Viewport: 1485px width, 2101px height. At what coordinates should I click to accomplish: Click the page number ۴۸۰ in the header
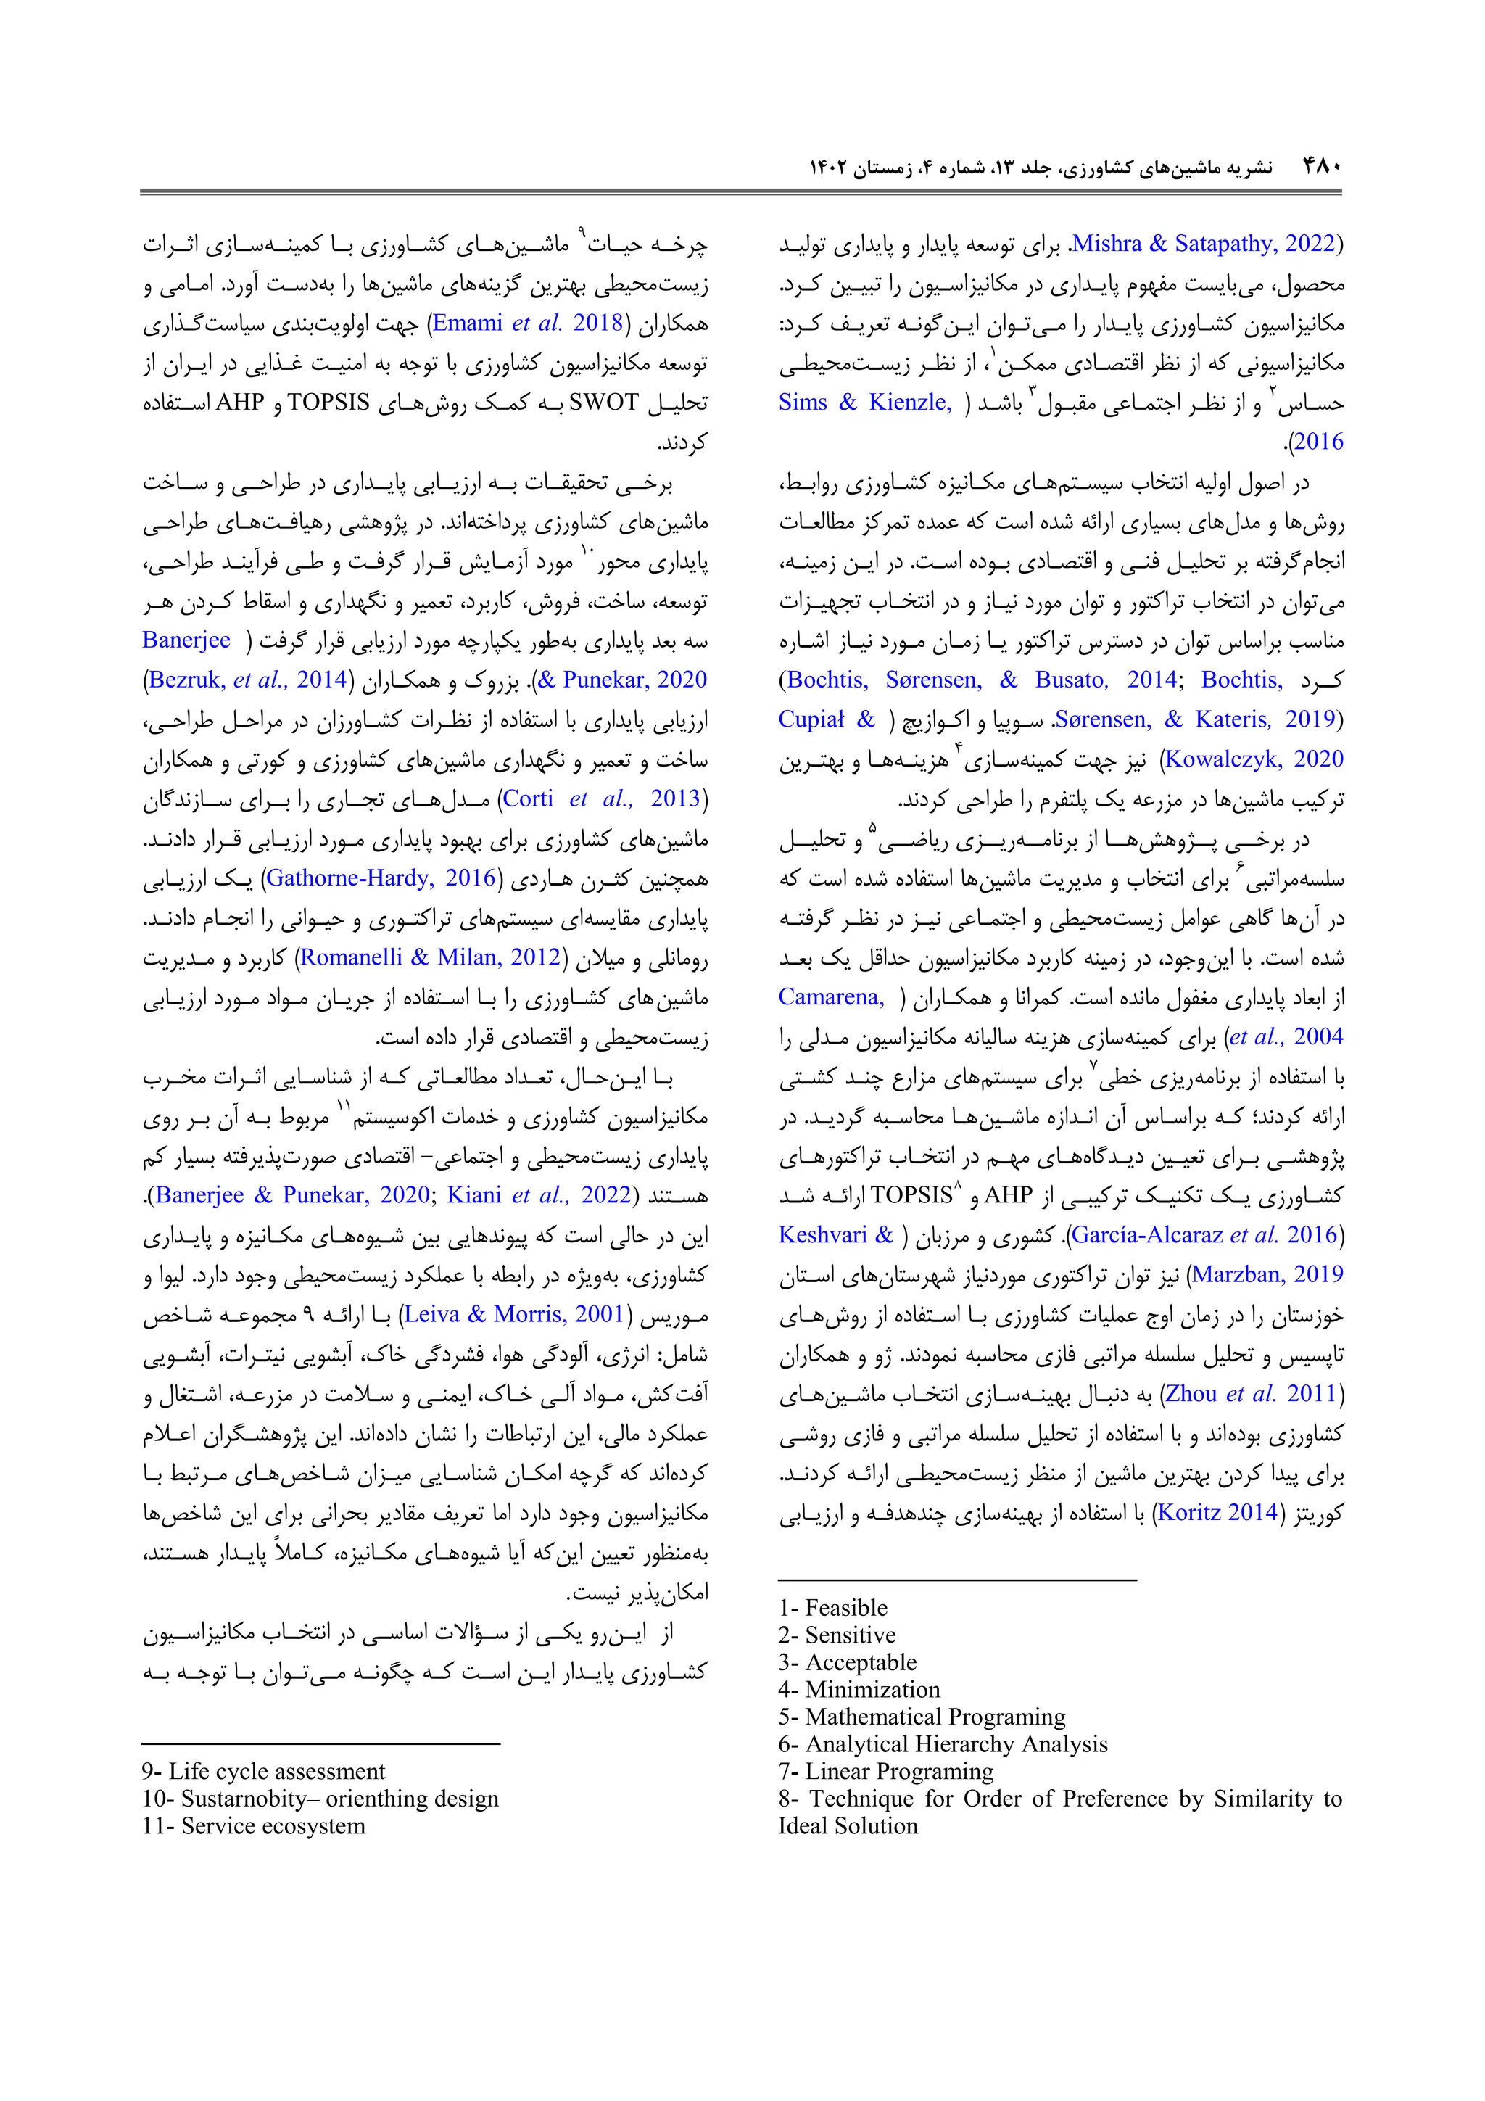pos(1320,168)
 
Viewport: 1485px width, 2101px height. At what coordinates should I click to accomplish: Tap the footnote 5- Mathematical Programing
pos(922,1716)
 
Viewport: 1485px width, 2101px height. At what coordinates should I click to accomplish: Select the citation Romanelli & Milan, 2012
pos(430,957)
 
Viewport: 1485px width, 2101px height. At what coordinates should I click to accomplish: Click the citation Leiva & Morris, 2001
pos(513,1314)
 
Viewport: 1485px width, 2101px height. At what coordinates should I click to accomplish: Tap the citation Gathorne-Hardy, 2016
pos(381,878)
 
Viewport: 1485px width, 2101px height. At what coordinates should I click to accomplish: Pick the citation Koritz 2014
pos(1217,1511)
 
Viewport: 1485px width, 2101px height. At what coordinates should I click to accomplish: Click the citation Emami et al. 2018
pos(527,323)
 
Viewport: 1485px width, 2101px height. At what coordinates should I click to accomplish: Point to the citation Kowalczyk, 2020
pos(1254,759)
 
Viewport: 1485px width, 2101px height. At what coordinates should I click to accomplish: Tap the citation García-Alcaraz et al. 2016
pos(1204,1234)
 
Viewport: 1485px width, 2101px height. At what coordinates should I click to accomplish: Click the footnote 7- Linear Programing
pos(885,1771)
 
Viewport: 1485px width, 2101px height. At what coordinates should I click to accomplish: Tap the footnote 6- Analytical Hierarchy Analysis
pos(943,1743)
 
